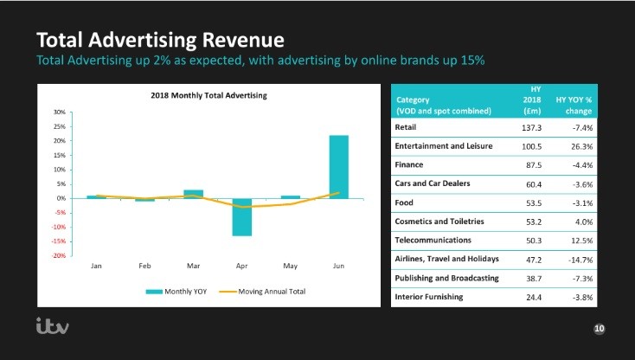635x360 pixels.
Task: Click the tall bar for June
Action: click(x=338, y=167)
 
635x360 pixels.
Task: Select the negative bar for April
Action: click(x=241, y=217)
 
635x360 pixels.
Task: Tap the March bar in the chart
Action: click(x=193, y=194)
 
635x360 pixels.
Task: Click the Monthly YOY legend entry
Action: click(x=176, y=292)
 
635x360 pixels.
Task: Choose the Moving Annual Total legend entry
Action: click(x=262, y=292)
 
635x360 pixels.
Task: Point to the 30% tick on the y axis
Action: click(x=60, y=112)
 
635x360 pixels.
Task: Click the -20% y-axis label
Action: click(x=59, y=255)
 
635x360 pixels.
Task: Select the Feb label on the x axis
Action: click(x=144, y=266)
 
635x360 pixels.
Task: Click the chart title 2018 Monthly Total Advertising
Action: click(x=209, y=95)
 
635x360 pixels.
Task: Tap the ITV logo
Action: click(x=53, y=326)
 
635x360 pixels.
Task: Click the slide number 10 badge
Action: click(x=599, y=329)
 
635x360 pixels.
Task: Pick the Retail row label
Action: click(x=406, y=127)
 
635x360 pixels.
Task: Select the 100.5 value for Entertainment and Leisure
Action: click(x=531, y=146)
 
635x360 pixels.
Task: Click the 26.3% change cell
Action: click(x=582, y=146)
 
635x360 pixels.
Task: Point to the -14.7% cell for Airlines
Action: click(x=580, y=260)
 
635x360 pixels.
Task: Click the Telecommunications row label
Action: click(x=433, y=240)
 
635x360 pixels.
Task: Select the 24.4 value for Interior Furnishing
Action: click(x=534, y=297)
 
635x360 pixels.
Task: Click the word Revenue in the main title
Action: click(x=243, y=40)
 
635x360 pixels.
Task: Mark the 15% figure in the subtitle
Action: click(x=472, y=61)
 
